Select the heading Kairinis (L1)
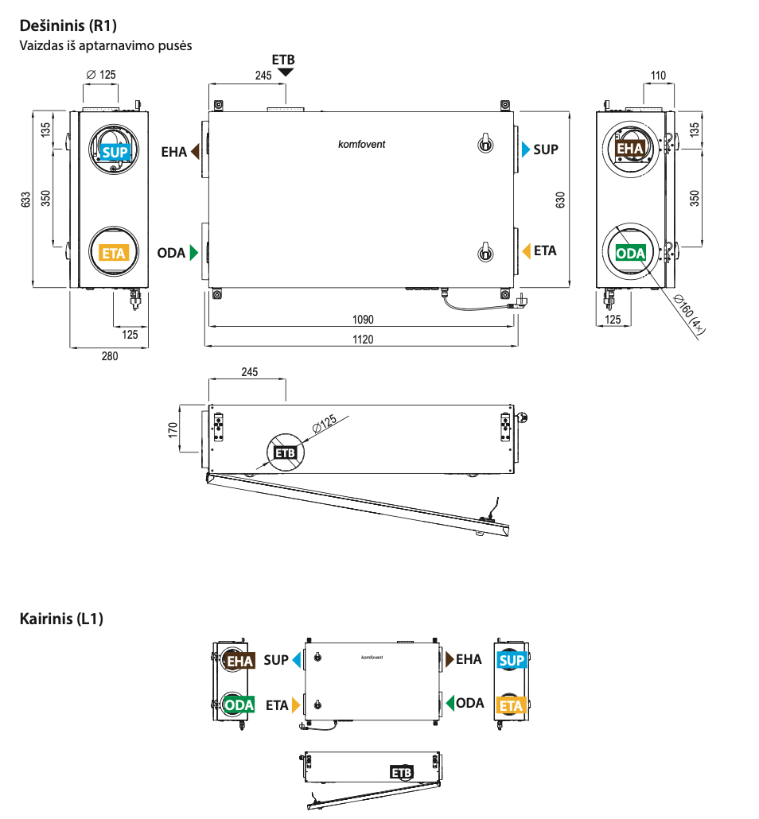(x=61, y=618)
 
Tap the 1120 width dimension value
(x=362, y=339)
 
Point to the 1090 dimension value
(x=362, y=320)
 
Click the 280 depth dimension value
(x=109, y=356)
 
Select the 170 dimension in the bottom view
(x=173, y=430)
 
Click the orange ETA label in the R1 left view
(x=114, y=254)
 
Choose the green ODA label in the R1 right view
(x=631, y=254)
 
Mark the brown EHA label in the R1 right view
(x=630, y=149)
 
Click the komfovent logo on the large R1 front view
(x=362, y=144)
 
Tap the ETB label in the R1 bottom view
(x=285, y=453)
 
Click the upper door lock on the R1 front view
(x=482, y=142)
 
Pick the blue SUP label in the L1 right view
(x=512, y=660)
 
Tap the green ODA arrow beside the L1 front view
(x=450, y=703)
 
